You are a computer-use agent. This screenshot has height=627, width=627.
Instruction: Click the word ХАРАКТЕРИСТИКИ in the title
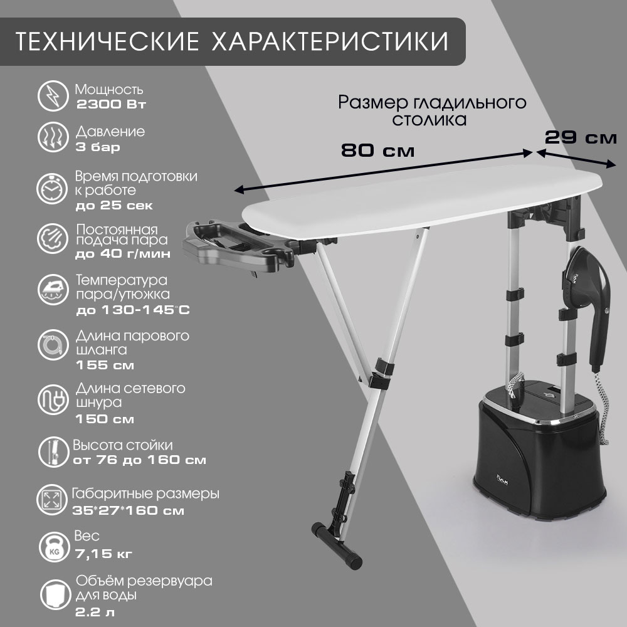pos(330,41)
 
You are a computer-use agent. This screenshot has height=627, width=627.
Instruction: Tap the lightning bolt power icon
pos(53,96)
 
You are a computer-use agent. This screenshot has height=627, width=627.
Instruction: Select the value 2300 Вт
pos(111,104)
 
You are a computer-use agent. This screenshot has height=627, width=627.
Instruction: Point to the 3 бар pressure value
pos(98,147)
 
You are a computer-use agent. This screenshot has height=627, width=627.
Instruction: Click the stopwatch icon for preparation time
pos(52,188)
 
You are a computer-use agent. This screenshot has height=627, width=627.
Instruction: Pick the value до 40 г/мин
pos(123,254)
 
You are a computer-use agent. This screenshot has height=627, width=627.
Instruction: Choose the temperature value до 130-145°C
pos(133,310)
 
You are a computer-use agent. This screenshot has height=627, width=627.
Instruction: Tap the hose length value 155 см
pos(105,365)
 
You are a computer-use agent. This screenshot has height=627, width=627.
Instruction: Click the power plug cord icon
pos(53,399)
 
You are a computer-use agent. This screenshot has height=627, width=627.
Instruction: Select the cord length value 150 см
pos(105,419)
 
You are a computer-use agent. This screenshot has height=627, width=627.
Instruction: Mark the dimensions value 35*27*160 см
pos(129,510)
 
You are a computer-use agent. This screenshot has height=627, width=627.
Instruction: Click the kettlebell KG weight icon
pos(55,547)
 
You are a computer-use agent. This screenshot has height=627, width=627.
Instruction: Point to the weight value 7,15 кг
pos(103,554)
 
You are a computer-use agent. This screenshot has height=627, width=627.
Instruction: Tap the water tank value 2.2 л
pos(95,612)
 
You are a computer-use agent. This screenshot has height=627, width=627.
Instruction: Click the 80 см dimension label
pos(378,150)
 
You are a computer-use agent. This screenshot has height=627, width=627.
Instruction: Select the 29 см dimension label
pos(581,137)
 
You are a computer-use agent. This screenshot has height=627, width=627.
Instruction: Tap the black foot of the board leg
pos(337,545)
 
